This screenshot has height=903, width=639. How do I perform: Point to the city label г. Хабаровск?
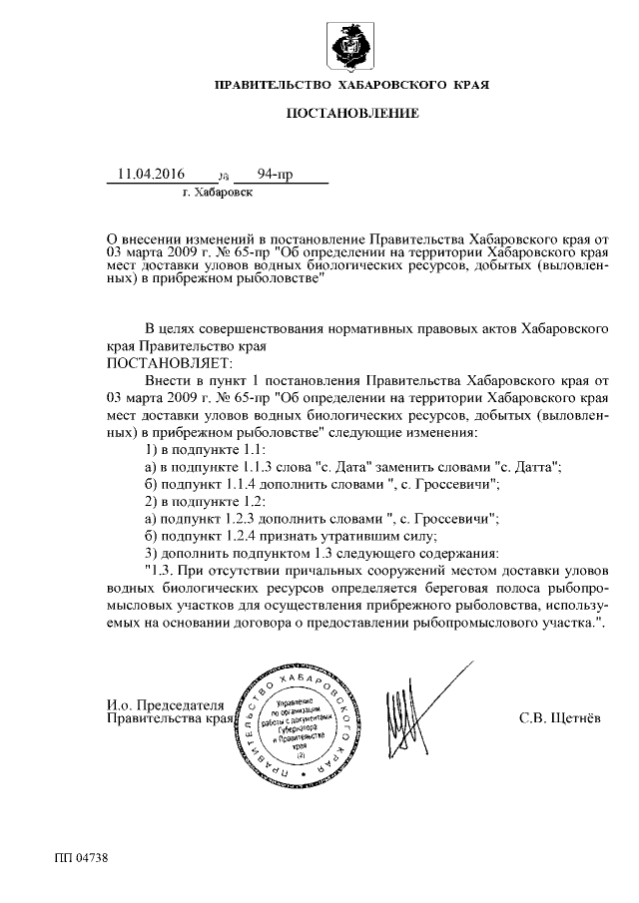click(218, 194)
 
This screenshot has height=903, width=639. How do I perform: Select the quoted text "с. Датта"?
click(530, 467)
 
